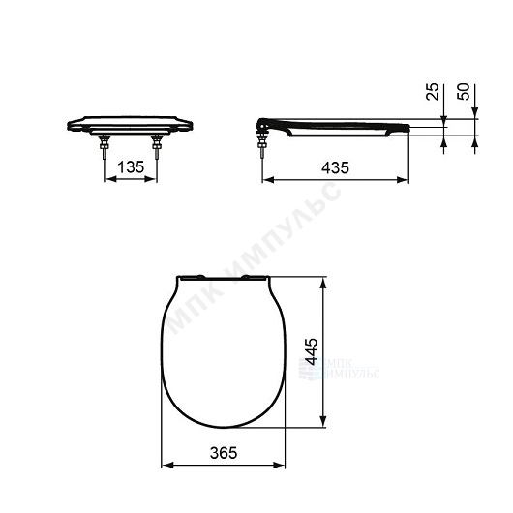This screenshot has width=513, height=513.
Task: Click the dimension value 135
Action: [131, 167]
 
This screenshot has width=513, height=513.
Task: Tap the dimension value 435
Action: [335, 167]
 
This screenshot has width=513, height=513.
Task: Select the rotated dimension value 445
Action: [311, 351]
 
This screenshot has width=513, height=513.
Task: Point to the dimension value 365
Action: [224, 453]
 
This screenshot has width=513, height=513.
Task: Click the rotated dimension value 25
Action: [433, 92]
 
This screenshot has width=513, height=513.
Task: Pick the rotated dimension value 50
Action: [464, 92]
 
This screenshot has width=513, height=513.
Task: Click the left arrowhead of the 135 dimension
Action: [110, 179]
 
